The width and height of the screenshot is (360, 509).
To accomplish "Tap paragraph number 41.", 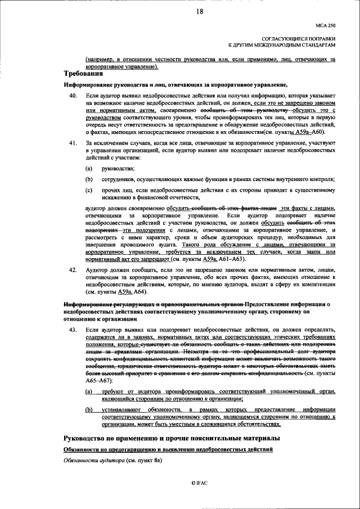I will click(73, 143).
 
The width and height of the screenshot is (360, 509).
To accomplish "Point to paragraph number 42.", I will click(73, 270).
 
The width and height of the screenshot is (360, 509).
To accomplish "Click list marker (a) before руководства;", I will click(89, 169).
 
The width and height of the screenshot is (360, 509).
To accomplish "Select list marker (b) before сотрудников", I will click(89, 179).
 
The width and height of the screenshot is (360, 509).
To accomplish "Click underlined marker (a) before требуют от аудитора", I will click(89, 390).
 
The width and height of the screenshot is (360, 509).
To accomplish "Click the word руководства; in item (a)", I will click(118, 169).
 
